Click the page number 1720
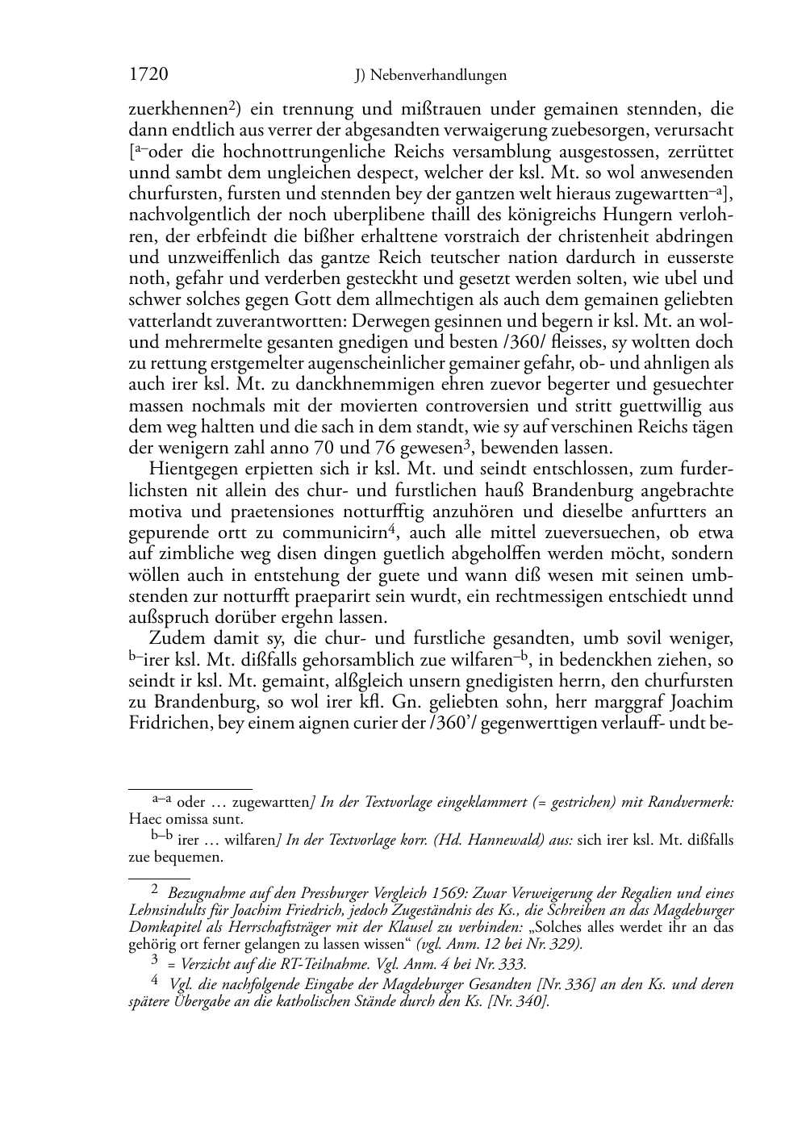pyautogui.click(x=148, y=75)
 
